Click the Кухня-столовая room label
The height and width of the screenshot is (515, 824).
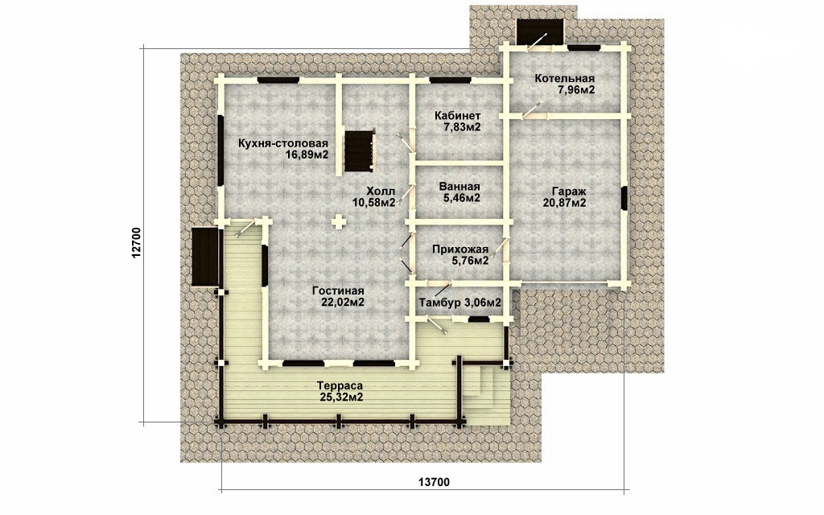283,143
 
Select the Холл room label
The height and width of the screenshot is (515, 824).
381,192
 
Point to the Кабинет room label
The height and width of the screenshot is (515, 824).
457,116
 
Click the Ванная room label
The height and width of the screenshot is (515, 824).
459,187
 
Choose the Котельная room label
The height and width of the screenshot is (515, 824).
565,79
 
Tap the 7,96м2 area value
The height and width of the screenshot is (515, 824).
576,90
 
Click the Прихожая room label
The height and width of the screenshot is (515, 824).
460,249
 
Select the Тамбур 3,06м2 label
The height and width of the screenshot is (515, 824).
459,303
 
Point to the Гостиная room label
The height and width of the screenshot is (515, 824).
338,290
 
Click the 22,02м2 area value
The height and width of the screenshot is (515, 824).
343,303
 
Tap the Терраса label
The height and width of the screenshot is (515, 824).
340,386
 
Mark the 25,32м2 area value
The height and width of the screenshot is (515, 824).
341,398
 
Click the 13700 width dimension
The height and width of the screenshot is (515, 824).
434,481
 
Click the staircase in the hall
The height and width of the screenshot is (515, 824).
360,151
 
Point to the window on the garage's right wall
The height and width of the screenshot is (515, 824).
624,199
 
